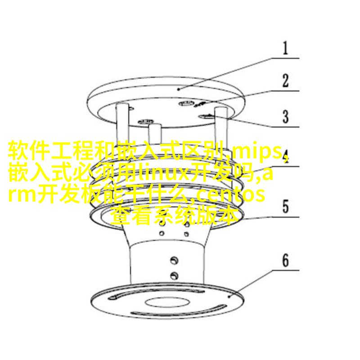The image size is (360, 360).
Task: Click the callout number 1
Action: pyautogui.click(x=285, y=48)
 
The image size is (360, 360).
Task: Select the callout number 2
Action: pyautogui.click(x=285, y=81)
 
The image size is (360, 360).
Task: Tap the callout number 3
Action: pyautogui.click(x=285, y=117)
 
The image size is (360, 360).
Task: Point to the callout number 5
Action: pyautogui.click(x=285, y=207)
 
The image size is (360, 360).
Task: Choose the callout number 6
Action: pyautogui.click(x=285, y=261)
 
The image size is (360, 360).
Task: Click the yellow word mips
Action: pyautogui.click(x=256, y=152)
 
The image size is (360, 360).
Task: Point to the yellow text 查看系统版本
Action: pyautogui.click(x=175, y=216)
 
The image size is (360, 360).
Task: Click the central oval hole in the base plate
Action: pyautogui.click(x=167, y=302)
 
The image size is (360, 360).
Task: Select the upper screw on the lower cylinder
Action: pyautogui.click(x=174, y=260)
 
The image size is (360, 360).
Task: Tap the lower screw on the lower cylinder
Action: pyautogui.click(x=174, y=275)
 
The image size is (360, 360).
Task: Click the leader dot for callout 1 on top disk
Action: pyautogui.click(x=179, y=89)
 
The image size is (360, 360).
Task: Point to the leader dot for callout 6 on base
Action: pyautogui.click(x=229, y=297)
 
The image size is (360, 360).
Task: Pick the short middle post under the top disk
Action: pyautogui.click(x=155, y=134)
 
